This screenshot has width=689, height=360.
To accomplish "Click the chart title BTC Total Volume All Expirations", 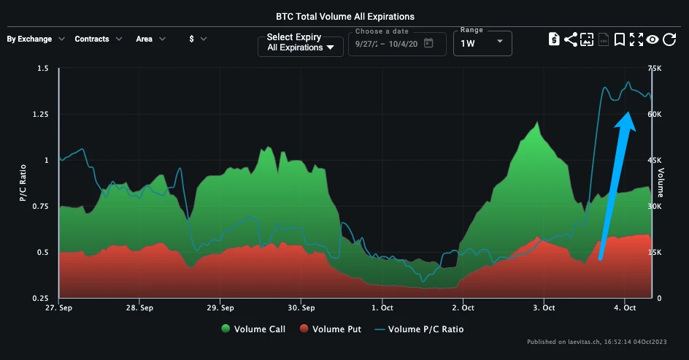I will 344,15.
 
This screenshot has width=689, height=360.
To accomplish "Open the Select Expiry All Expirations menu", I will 301,43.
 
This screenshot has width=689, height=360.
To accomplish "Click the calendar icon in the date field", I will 428,43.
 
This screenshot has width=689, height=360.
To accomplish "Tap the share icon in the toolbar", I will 571,39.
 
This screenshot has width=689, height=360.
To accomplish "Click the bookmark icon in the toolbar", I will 619,39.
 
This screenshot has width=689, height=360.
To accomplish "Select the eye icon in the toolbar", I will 652,39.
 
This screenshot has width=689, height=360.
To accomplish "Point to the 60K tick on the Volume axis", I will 654,115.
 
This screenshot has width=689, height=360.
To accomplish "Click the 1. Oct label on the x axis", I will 382,308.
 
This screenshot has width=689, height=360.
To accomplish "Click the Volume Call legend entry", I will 253,329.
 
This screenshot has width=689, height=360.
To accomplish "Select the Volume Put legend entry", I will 330,329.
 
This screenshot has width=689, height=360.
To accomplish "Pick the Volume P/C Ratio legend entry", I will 419,329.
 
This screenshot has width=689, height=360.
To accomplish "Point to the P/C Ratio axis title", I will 23,183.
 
